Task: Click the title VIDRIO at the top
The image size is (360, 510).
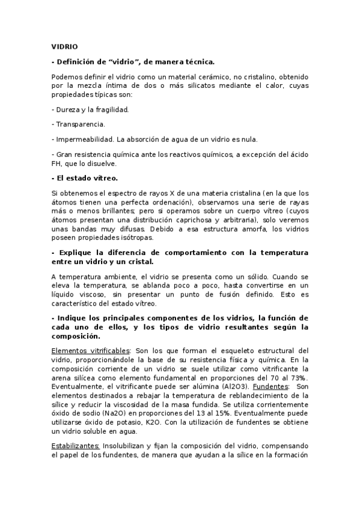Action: click(x=64, y=46)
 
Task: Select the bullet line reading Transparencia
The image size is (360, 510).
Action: click(x=79, y=124)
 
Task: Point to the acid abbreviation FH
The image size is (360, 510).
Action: click(x=57, y=163)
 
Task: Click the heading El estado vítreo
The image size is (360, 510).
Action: click(x=85, y=178)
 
